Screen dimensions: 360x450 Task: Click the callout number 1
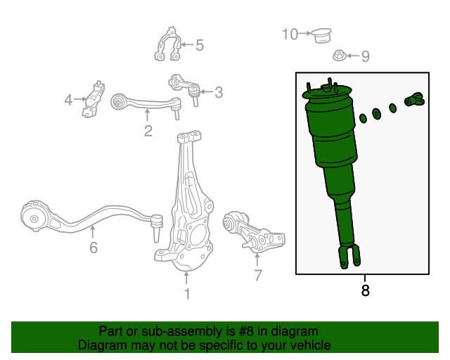point(187,294)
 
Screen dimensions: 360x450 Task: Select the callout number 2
point(148,131)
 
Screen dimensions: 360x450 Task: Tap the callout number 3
point(219,92)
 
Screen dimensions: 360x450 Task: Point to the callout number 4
point(68,101)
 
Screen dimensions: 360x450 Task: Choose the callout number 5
point(199,46)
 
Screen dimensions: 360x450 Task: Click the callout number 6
point(94,247)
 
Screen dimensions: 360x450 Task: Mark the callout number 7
point(257,275)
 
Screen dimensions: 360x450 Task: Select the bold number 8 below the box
point(364,289)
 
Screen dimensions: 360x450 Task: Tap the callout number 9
point(365,56)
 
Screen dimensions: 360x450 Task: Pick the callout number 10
point(290,34)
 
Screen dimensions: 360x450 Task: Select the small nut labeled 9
point(339,55)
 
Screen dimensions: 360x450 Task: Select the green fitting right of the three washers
point(413,101)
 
